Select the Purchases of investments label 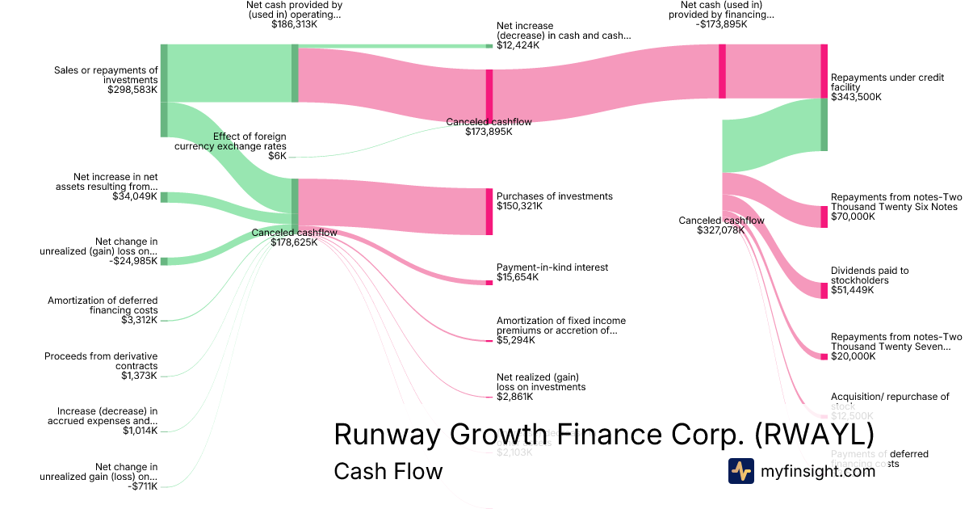tap(554, 196)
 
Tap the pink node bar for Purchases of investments tap(489, 212)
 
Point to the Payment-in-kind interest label tap(552, 267)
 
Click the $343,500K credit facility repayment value tap(856, 97)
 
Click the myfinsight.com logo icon tap(740, 471)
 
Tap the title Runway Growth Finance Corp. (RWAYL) tap(603, 435)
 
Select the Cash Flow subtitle tap(388, 471)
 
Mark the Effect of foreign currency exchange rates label tap(230, 141)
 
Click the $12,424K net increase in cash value tap(518, 45)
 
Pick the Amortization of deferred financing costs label tap(103, 305)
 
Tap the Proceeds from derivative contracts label tap(101, 361)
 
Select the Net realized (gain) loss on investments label tap(540, 382)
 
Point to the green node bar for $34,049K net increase tap(164, 197)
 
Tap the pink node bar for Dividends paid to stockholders tap(824, 290)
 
